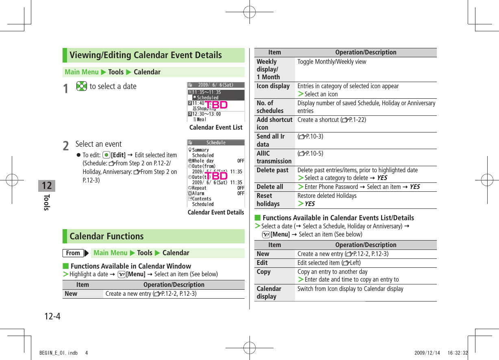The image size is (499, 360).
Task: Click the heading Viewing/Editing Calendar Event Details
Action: coord(145,55)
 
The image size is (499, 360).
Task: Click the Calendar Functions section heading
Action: coord(106,236)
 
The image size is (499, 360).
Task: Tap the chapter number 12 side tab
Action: coord(47,186)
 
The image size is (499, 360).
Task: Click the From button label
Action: coord(73,253)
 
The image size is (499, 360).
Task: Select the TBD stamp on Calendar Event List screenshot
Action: coord(216,105)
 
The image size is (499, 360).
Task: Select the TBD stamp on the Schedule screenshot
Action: coord(216,176)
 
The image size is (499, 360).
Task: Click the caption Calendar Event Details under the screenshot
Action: coord(216,213)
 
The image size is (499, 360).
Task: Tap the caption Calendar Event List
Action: coord(216,128)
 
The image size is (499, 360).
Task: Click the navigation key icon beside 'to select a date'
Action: coord(81,87)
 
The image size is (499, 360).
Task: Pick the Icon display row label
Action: coord(273,86)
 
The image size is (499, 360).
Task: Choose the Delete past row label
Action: coord(272,170)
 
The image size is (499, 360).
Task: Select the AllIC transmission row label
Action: coord(274,157)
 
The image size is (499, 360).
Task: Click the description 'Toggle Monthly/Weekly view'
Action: coord(332,62)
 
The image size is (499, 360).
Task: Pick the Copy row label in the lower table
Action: coord(264,272)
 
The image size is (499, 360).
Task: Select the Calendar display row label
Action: coord(269,293)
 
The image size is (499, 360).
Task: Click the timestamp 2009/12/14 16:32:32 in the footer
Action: coord(441,353)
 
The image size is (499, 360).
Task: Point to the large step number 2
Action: coord(66,145)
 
